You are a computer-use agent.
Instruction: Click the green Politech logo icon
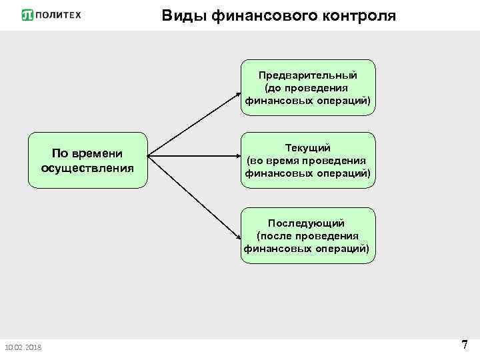click(28, 15)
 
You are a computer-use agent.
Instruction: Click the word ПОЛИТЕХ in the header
click(58, 15)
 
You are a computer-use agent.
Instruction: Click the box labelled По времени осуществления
click(87, 161)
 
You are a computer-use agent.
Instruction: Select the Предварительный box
click(308, 88)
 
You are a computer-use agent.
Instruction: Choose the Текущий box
click(308, 161)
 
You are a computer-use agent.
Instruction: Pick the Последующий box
click(308, 235)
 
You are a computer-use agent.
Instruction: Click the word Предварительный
click(308, 75)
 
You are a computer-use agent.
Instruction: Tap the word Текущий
click(308, 148)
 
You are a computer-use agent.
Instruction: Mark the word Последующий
click(308, 223)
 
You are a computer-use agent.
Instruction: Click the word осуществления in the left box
click(87, 167)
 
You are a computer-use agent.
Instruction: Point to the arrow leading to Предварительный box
click(193, 123)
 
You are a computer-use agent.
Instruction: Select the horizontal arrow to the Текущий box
click(193, 157)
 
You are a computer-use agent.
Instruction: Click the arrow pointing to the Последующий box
click(193, 197)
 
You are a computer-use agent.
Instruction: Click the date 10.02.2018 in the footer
click(22, 347)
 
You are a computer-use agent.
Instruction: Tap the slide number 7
click(464, 345)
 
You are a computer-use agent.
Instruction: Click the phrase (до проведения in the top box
click(307, 88)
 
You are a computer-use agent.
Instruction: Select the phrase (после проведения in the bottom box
click(307, 235)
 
